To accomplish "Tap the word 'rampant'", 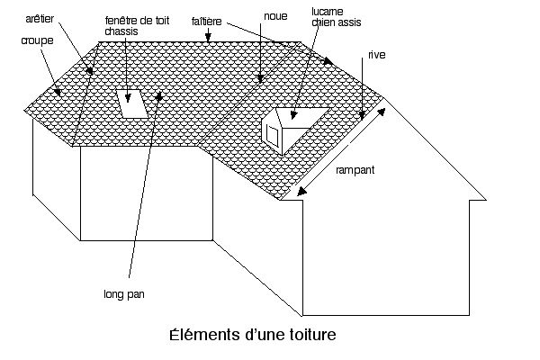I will (354, 169).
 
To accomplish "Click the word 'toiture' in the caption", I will (309, 335).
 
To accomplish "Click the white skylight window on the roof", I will (131, 103).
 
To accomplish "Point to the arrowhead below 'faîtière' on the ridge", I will (208, 40).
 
